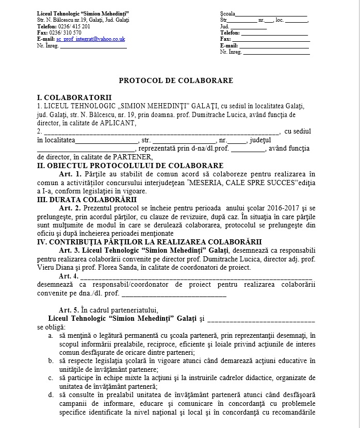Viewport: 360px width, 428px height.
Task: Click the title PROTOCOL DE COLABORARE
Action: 176,80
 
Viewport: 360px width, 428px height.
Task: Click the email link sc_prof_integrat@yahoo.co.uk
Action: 91,39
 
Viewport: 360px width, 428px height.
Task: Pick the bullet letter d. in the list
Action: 51,395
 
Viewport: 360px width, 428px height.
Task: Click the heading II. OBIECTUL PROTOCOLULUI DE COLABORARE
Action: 130,166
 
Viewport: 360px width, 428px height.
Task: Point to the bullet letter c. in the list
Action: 51,377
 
